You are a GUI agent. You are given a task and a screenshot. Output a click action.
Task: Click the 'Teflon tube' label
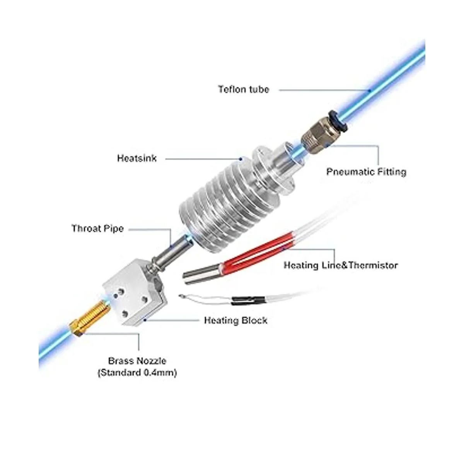[x=243, y=90]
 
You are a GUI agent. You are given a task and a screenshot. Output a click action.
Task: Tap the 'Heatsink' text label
[x=136, y=159]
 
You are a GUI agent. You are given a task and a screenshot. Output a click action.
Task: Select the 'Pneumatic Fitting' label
[x=366, y=172]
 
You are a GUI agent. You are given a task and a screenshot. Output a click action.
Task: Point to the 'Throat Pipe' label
[x=97, y=229]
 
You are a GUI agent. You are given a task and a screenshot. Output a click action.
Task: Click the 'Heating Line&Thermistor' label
[x=341, y=265]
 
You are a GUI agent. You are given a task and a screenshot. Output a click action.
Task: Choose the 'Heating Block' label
[x=235, y=321]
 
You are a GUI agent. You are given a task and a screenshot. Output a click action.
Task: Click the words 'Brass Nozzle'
[x=137, y=361]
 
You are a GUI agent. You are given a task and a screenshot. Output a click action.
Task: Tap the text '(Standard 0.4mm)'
[x=137, y=373]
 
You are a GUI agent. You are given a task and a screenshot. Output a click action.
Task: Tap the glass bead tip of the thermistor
[x=181, y=297]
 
